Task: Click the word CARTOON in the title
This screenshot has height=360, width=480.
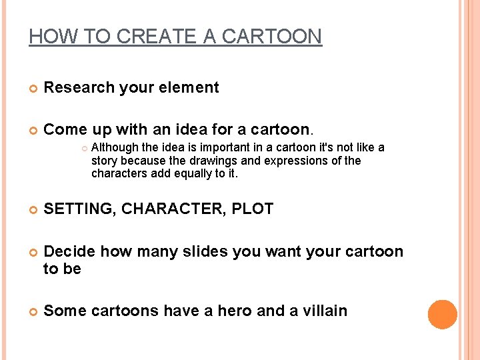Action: click(x=271, y=37)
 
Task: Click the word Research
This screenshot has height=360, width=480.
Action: click(x=75, y=87)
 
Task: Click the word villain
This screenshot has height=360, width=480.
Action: click(x=324, y=311)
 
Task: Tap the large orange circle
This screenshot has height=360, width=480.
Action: click(x=442, y=314)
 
